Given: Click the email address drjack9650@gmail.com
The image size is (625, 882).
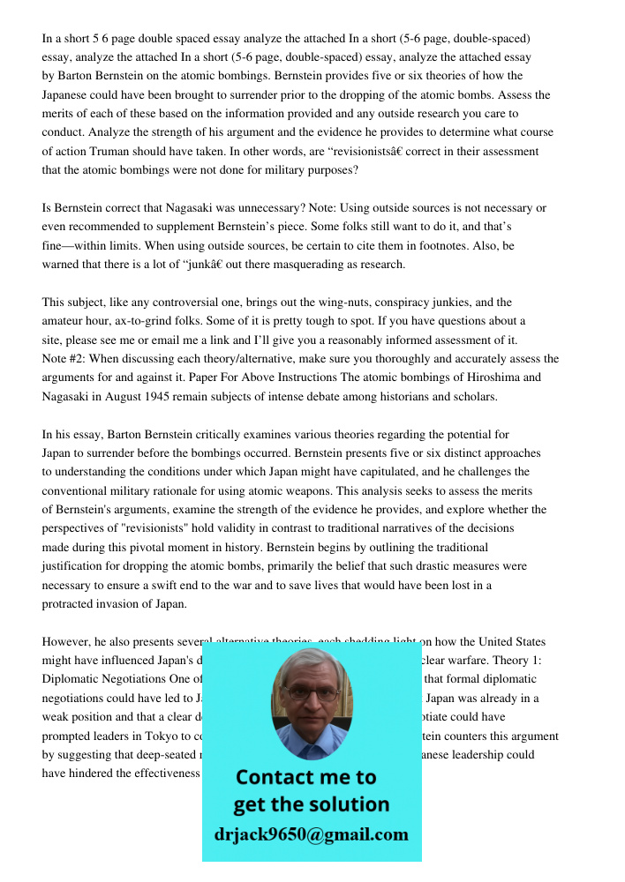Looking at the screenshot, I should pos(311,834).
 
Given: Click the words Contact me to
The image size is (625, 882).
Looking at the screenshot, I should pos(305,778).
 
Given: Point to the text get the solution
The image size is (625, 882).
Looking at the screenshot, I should pos(311,804).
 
